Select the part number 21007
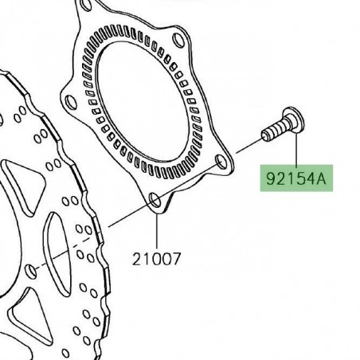[156, 258]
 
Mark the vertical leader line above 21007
[156, 231]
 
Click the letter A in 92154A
[323, 180]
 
